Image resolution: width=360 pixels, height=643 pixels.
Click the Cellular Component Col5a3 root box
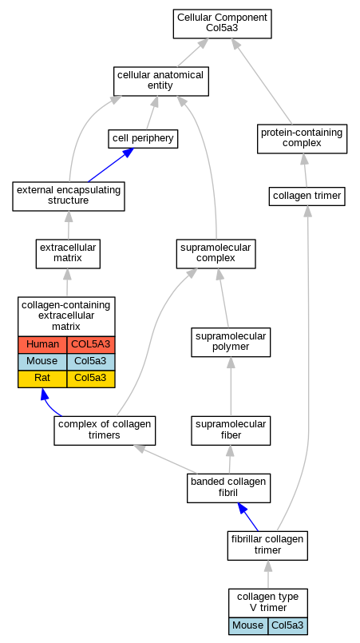click(x=222, y=24)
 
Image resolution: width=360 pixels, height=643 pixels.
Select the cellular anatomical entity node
click(x=160, y=81)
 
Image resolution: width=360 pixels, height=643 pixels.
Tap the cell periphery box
click(x=143, y=139)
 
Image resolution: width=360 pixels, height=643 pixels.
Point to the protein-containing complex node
click(x=303, y=139)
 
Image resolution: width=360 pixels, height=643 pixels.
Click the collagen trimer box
click(x=307, y=196)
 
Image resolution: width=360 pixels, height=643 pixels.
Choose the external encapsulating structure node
click(x=69, y=196)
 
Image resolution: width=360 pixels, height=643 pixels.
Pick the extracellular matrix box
click(x=68, y=254)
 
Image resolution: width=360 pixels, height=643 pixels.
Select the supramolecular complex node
click(x=216, y=254)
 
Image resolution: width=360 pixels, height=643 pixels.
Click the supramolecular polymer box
click(x=231, y=342)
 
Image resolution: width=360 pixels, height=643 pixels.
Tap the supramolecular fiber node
click(x=231, y=431)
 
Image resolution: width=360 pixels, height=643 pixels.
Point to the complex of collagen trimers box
click(x=105, y=431)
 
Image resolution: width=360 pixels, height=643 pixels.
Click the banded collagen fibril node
click(x=229, y=487)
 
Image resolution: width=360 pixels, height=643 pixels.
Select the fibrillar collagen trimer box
click(x=267, y=546)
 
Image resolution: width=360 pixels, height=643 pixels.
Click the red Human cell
click(x=42, y=344)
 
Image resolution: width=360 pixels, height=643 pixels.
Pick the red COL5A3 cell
click(x=91, y=344)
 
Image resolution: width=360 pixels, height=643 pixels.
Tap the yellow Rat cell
click(x=42, y=379)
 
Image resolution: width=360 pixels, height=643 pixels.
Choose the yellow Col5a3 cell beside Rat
click(x=91, y=379)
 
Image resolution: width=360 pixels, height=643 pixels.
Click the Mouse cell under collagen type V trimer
click(x=248, y=625)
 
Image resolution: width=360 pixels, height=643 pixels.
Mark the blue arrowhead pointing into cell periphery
click(x=128, y=153)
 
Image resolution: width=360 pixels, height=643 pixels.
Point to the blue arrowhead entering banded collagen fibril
click(x=243, y=509)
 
